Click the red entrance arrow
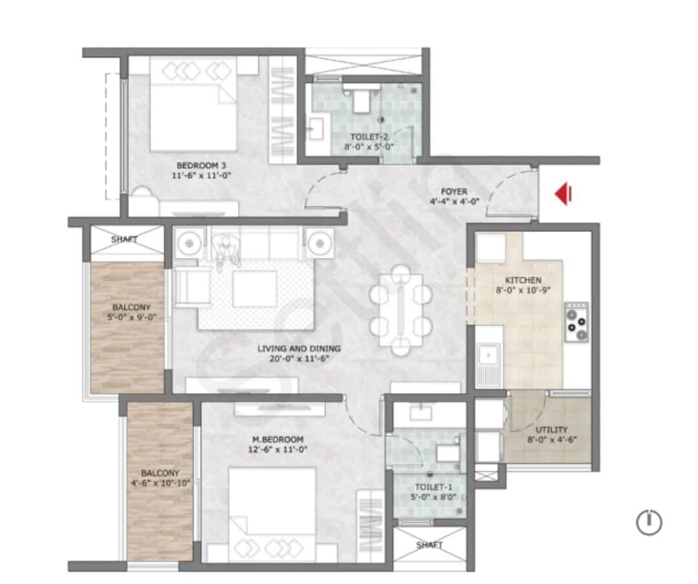point(563,193)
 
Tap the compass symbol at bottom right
point(649,522)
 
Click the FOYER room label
point(453,191)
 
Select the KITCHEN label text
point(523,280)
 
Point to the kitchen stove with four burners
point(576,322)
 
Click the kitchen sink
point(487,355)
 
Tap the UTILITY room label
point(552,429)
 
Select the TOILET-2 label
point(369,137)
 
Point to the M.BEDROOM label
point(278,440)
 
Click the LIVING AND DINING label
point(298,349)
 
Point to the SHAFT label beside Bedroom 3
point(124,239)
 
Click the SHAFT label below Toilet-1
point(430,545)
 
